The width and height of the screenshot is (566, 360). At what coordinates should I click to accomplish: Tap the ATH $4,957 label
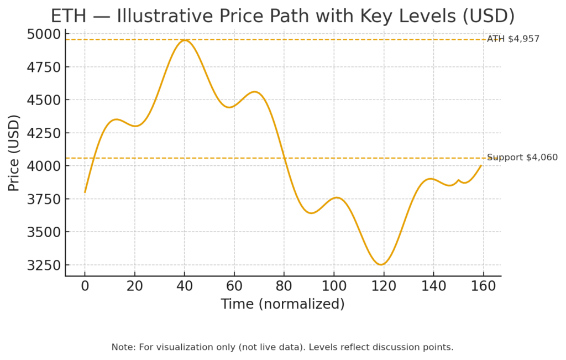click(x=513, y=39)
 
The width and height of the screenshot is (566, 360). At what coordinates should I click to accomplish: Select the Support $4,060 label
click(x=522, y=158)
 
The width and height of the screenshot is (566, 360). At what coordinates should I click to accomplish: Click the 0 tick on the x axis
click(x=85, y=286)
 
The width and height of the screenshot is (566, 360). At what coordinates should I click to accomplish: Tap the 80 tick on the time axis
click(x=284, y=286)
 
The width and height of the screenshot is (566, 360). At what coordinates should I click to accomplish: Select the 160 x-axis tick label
click(x=484, y=286)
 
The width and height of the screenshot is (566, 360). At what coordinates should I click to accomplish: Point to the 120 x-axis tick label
click(x=384, y=286)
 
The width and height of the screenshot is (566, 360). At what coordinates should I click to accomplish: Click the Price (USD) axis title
click(x=14, y=153)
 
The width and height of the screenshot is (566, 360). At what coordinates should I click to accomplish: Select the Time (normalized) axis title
click(x=282, y=304)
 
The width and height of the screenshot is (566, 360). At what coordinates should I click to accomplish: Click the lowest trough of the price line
click(x=381, y=264)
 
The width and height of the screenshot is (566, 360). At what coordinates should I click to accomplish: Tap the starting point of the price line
click(x=85, y=192)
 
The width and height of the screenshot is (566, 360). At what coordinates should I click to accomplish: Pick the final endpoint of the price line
click(x=481, y=165)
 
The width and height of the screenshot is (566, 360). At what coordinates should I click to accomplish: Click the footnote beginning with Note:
click(x=282, y=347)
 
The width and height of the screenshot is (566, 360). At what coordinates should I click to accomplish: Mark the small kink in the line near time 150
click(x=458, y=180)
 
